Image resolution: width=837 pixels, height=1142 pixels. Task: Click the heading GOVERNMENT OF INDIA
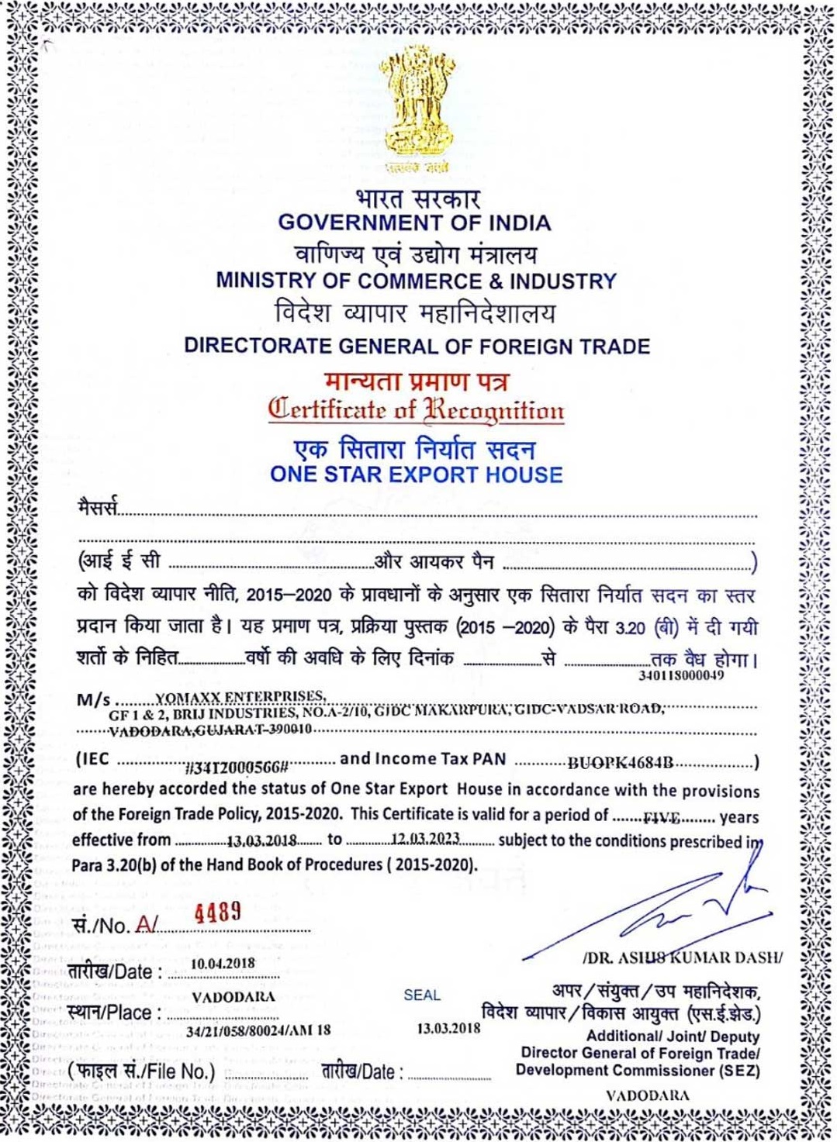[415, 223]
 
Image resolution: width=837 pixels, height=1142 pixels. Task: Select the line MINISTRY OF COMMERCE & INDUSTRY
[417, 281]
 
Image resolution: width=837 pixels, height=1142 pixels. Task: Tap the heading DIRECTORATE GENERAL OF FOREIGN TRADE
[417, 346]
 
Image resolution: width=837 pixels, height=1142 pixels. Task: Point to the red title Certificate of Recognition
[417, 409]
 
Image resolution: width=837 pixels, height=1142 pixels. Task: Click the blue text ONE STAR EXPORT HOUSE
[417, 474]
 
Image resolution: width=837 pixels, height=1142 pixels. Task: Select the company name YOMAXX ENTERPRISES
[240, 696]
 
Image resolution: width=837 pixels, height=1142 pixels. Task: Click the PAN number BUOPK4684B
[620, 763]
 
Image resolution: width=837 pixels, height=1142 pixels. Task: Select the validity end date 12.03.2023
[425, 840]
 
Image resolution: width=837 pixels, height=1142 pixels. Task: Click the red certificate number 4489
[218, 912]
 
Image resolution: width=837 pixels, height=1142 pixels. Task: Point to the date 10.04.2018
[223, 964]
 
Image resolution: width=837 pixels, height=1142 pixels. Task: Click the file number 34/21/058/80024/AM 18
[258, 1030]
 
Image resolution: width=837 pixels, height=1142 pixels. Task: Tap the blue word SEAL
[422, 995]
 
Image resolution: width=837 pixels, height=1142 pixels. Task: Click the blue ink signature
[667, 907]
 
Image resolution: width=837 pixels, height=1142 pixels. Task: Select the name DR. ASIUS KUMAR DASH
[683, 957]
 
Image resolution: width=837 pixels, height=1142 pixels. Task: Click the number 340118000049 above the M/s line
[681, 675]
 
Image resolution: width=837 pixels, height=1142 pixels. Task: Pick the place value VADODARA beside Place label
[233, 997]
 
